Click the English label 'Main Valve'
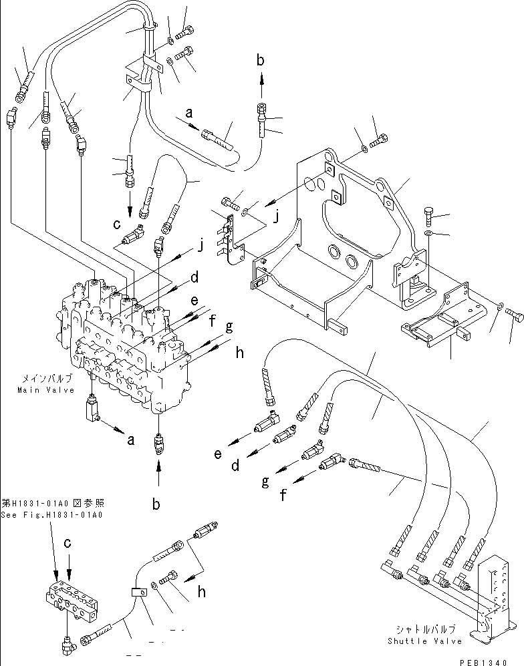click(46, 390)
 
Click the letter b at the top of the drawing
click(261, 60)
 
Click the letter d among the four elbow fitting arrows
click(236, 466)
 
